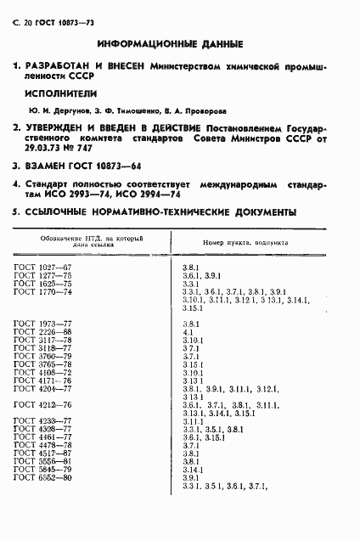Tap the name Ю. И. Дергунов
click(55, 110)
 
